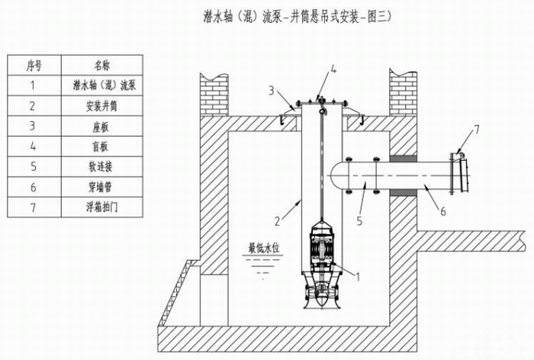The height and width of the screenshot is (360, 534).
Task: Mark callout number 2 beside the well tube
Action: coord(280,222)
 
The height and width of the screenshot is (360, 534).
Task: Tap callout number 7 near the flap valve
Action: coord(478,130)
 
